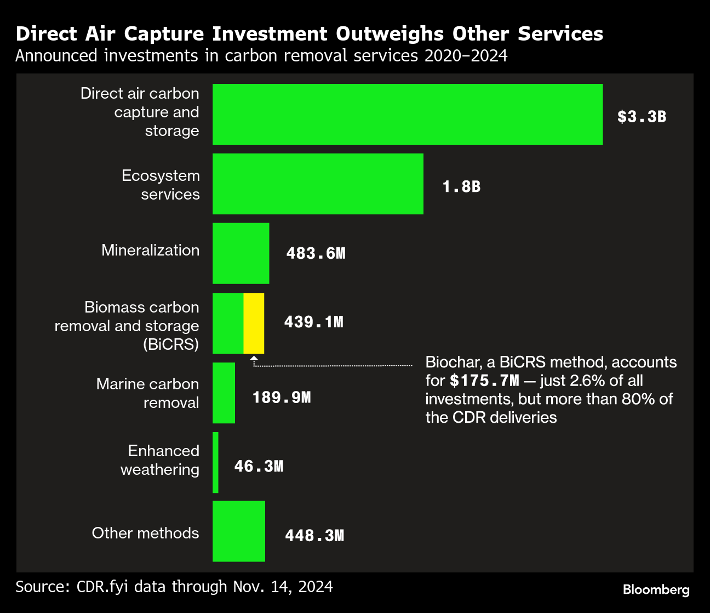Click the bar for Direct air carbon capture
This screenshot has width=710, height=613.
pyautogui.click(x=408, y=114)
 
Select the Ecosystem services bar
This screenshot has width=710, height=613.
pyautogui.click(x=318, y=184)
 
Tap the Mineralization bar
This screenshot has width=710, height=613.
pyautogui.click(x=241, y=253)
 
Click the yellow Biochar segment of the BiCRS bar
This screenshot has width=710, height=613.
pyautogui.click(x=254, y=323)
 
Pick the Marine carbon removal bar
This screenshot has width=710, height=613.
pyautogui.click(x=224, y=393)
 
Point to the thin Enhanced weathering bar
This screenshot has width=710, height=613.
pyautogui.click(x=215, y=462)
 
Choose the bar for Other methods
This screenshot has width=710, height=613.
pyautogui.click(x=239, y=531)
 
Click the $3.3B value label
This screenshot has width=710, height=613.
pyautogui.click(x=642, y=117)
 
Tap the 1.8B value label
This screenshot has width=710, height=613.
pyautogui.click(x=461, y=187)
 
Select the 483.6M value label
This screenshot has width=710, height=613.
pyautogui.click(x=316, y=253)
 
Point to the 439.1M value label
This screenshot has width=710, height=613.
pyautogui.click(x=313, y=322)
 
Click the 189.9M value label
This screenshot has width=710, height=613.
pyautogui.click(x=281, y=397)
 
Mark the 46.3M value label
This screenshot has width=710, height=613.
pyautogui.click(x=259, y=466)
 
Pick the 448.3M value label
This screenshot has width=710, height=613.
pyautogui.click(x=314, y=535)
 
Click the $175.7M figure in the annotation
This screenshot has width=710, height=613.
pyautogui.click(x=484, y=381)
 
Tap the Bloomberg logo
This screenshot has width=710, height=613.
pyautogui.click(x=656, y=590)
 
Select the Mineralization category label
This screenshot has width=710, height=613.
pyautogui.click(x=150, y=251)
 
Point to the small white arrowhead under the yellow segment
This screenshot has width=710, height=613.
pyautogui.click(x=254, y=359)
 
